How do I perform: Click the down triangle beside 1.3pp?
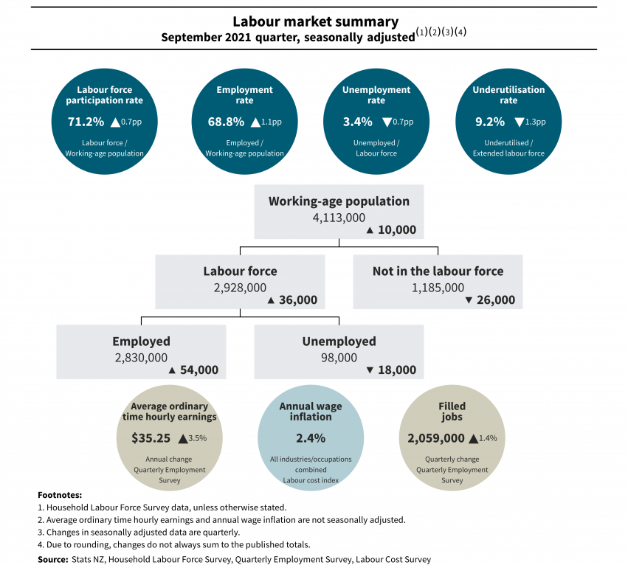coord(520,122)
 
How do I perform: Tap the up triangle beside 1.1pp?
coord(256,122)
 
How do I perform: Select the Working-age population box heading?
coord(339,201)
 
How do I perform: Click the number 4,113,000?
coord(339,218)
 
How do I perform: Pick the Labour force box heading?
coord(241,271)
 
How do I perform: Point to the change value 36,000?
coord(298,300)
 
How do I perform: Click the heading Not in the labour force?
coord(438,271)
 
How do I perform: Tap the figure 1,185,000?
coord(438,288)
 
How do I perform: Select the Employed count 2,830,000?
coord(141,357)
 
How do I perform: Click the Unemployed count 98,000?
coord(339,357)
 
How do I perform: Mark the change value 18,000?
coord(396,370)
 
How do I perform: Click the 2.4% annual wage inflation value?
coord(311,438)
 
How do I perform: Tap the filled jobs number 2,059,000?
coord(436,437)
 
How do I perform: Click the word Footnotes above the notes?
coord(60,495)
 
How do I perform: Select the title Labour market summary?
coord(315,22)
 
